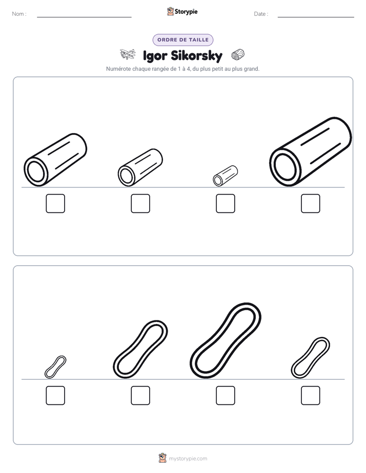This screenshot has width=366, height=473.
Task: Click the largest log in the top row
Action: tap(311, 152)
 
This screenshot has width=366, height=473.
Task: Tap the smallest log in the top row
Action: tap(225, 176)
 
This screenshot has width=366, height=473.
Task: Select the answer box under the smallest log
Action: tap(225, 203)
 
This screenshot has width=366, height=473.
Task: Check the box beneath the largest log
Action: tap(311, 203)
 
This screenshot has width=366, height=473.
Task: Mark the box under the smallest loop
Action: tap(55, 396)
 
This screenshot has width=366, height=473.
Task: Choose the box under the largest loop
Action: tap(225, 396)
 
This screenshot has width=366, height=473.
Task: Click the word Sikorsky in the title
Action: tap(197, 56)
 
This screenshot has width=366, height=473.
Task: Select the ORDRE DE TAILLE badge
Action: tap(183, 40)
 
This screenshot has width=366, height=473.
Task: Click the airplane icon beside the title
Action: tap(128, 54)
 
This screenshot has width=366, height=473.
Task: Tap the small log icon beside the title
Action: tap(238, 55)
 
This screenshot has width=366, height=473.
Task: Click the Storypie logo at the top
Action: tap(182, 11)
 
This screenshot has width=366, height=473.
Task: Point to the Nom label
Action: tap(19, 14)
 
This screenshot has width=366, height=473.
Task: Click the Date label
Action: tap(261, 14)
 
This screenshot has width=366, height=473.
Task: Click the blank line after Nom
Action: tap(84, 17)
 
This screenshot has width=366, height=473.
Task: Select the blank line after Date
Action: tap(316, 17)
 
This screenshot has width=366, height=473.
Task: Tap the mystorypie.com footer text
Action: tap(188, 459)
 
